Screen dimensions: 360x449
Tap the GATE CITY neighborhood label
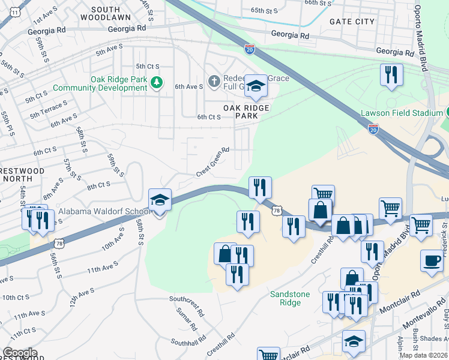click(x=352, y=22)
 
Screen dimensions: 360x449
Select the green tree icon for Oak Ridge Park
click(x=157, y=82)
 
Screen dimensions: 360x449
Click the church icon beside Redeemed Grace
click(x=214, y=81)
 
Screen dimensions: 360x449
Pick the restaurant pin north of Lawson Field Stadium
click(x=391, y=75)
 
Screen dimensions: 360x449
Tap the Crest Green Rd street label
click(x=213, y=162)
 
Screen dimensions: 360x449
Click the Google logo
click(x=20, y=353)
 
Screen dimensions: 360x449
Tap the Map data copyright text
click(x=423, y=355)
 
